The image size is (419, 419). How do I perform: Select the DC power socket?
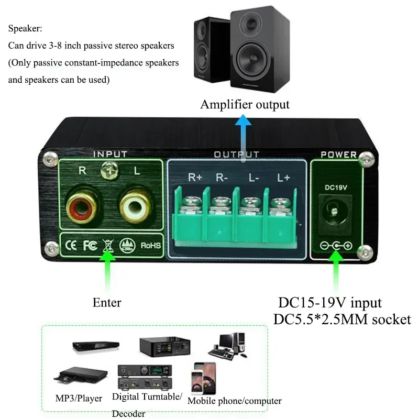(x=334, y=212)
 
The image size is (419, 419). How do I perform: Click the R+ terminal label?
(x=195, y=177)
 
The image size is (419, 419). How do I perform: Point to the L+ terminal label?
(x=283, y=177)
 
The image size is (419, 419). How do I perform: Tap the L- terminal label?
(x=255, y=177)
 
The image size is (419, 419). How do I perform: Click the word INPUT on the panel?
(x=110, y=154)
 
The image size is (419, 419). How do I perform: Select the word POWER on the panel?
(x=338, y=155)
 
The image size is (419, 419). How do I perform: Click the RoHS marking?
(x=150, y=245)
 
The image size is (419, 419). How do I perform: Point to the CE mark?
(x=71, y=245)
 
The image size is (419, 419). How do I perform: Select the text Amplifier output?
(x=245, y=104)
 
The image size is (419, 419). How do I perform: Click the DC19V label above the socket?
(x=334, y=186)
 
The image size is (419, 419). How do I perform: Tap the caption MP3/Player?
(x=79, y=399)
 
